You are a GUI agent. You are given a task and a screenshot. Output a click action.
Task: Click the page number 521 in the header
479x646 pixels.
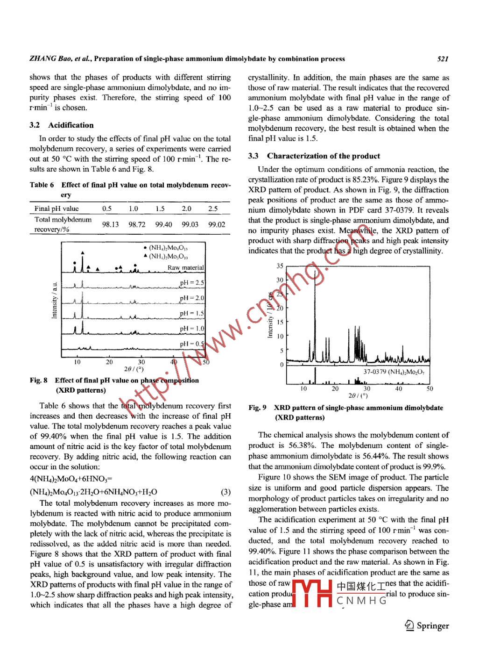pos(443,59)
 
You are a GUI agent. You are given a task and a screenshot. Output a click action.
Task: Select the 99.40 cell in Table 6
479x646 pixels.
pos(163,224)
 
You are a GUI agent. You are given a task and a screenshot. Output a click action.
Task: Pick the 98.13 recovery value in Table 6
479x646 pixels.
pos(110,224)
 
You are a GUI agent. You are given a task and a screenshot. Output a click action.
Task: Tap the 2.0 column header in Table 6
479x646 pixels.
pos(186,208)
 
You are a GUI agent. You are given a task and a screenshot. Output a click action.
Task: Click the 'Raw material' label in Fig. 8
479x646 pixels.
pos(185,268)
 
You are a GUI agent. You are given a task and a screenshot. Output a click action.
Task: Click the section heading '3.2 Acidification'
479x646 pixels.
pos(61,125)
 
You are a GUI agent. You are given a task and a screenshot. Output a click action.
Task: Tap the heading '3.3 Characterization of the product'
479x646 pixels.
pos(314,156)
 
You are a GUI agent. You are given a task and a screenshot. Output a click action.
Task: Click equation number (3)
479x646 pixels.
pos(225,492)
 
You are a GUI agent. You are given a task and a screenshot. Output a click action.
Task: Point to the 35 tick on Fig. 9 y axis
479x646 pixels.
pos(280,266)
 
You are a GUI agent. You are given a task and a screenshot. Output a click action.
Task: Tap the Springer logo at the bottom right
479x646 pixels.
pos(427,625)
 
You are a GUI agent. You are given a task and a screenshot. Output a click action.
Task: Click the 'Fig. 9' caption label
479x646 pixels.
pos(257,408)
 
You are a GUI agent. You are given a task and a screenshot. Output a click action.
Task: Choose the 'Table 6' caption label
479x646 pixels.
pos(42,185)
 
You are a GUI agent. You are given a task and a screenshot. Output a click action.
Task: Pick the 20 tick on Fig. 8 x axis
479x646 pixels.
pos(109,362)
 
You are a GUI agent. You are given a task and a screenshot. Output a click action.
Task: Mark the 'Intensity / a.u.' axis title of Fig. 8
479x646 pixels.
pos(54,300)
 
